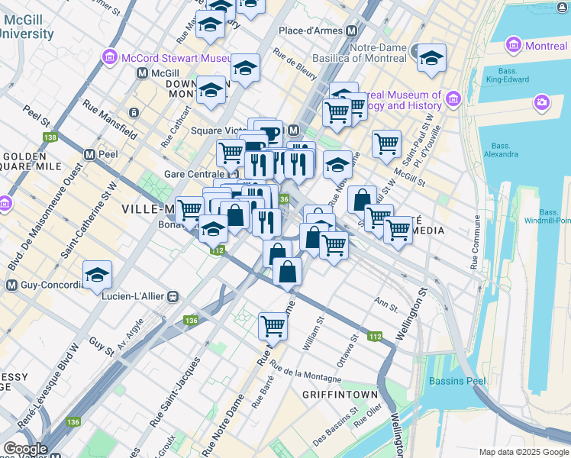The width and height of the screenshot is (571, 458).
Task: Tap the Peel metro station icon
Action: [89, 153]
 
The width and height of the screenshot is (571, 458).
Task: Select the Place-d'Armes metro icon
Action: [352, 31]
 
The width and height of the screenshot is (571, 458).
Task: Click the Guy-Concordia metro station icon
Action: [11, 285]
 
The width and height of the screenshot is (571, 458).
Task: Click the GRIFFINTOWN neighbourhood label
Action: [340, 395]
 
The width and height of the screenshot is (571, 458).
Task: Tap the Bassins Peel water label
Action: [457, 381]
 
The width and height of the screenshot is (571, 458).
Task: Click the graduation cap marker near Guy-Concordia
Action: [98, 275]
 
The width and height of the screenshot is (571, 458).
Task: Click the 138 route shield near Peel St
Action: [50, 137]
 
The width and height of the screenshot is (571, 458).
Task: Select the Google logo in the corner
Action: [26, 450]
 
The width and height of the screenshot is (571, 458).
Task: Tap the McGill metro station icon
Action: [142, 73]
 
